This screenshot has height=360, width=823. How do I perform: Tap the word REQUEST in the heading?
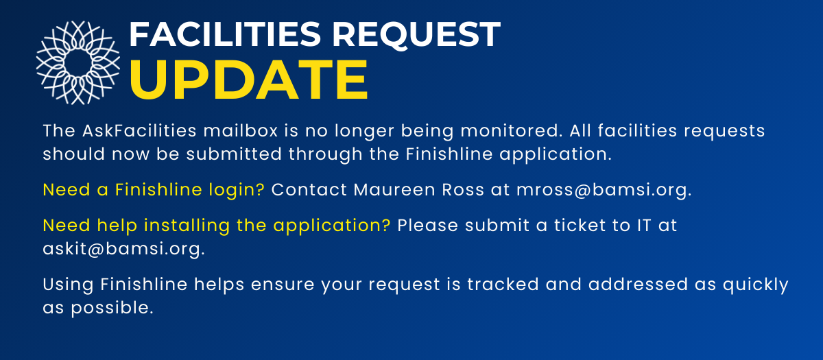pos(416,35)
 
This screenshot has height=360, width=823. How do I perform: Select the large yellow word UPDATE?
pos(248,80)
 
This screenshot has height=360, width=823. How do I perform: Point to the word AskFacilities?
pos(139,131)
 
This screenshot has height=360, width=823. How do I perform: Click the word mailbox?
pos(241,131)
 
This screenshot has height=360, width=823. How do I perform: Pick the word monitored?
pos(512,131)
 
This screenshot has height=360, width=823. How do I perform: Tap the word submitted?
pos(234,154)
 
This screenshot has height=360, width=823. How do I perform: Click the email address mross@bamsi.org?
pos(604,190)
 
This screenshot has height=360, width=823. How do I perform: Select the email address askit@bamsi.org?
pos(124,249)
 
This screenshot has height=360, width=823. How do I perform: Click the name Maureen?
pos(394,190)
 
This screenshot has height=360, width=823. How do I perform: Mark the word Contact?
pos(309,190)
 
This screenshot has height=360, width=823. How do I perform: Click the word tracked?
pos(503,285)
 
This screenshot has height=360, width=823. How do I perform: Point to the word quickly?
pos(755,285)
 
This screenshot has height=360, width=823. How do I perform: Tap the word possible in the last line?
pos(112,308)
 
